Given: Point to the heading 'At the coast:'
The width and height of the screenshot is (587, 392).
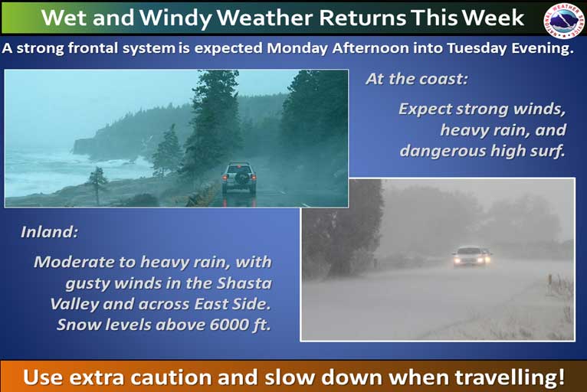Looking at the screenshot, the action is point(417,79).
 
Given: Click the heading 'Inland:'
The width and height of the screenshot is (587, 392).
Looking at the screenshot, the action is point(49,232).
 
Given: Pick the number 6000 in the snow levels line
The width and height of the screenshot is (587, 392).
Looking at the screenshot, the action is point(228,325).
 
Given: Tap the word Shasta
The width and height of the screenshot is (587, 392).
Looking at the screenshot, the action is point(244,283).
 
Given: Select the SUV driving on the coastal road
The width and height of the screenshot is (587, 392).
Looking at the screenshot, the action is point(239,178).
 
